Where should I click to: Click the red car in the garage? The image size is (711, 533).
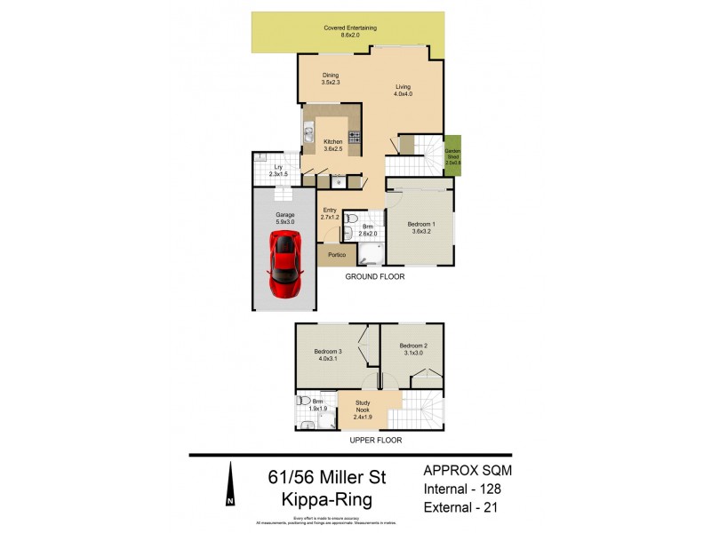click(286, 266)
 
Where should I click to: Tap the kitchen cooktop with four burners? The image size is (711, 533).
click(354, 137)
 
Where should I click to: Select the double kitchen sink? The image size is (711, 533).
click(308, 135)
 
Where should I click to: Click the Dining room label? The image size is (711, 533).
click(331, 79)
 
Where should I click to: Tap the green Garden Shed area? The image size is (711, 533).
click(453, 155)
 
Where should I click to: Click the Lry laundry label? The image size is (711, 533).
click(277, 170)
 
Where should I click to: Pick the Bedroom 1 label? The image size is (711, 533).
click(420, 227)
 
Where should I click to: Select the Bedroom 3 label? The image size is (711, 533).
click(327, 354)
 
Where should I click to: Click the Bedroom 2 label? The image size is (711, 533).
click(412, 348)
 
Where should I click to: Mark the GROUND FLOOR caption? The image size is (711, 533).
click(375, 277)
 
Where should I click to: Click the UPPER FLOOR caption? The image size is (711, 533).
click(374, 441)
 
